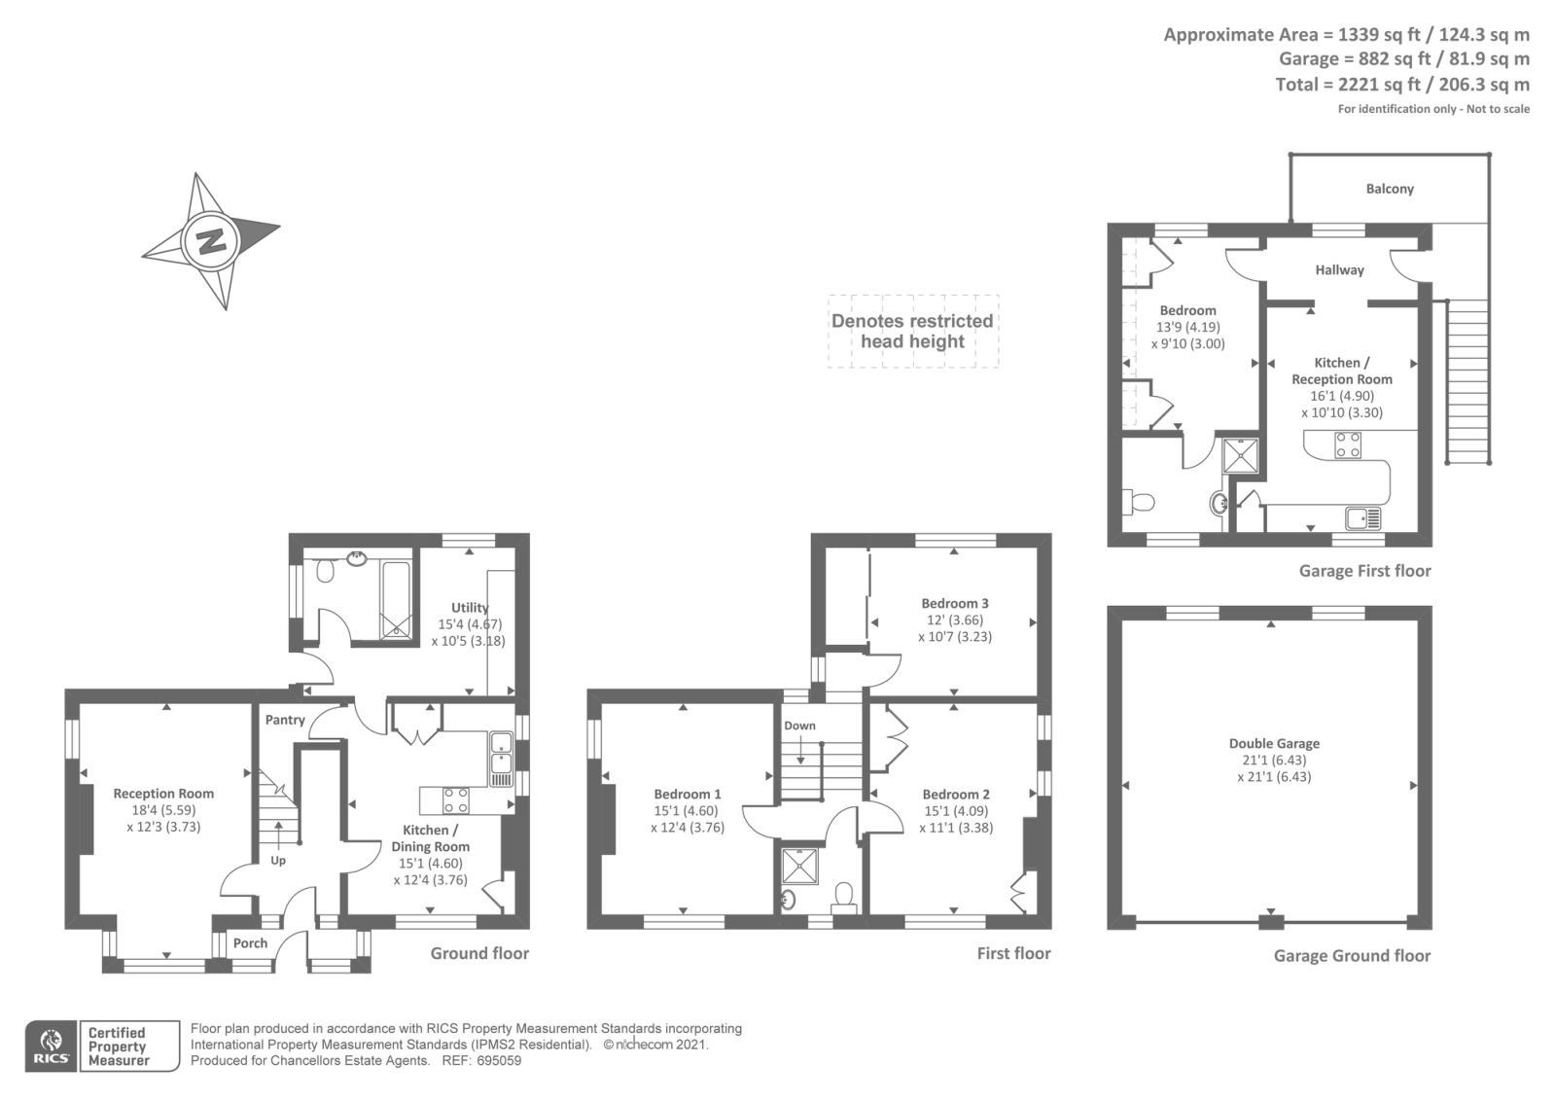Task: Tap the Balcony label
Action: [1389, 189]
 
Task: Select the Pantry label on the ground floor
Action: [285, 720]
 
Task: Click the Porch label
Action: [250, 942]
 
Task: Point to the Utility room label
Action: [470, 607]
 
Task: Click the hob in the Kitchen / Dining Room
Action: [455, 800]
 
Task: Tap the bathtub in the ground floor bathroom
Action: [396, 599]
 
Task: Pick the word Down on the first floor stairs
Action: [799, 726]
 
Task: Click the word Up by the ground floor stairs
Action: [278, 860]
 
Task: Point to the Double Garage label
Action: [1274, 743]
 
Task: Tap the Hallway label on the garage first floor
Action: [1339, 269]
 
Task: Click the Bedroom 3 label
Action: [954, 603]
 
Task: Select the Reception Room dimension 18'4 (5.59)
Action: [163, 810]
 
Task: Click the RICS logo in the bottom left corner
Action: [51, 1046]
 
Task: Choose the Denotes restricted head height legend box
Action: [912, 332]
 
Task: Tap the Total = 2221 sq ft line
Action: [1401, 85]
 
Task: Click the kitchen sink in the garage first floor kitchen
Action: [1363, 516]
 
